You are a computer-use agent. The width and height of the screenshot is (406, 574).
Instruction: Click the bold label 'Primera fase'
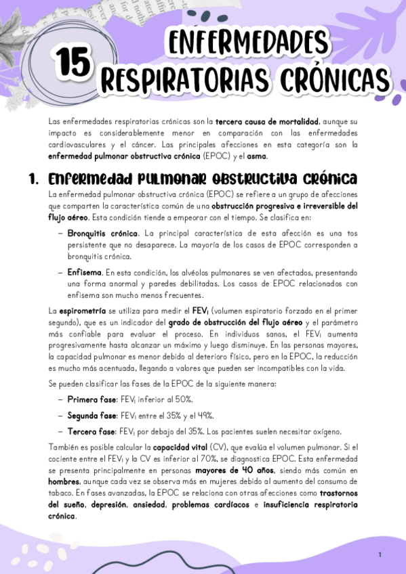[x=92, y=400]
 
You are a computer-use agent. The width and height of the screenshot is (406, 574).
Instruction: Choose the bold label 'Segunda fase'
[x=92, y=416]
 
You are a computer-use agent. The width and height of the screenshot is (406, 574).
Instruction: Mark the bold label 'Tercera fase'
[x=91, y=432]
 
